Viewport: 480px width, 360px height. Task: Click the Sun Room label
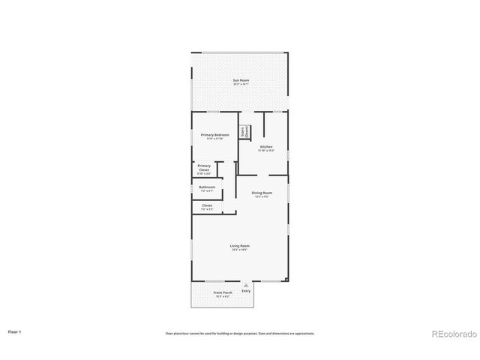click(x=240, y=80)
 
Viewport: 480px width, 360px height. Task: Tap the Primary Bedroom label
click(x=214, y=134)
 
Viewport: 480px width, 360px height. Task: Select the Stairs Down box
click(x=244, y=131)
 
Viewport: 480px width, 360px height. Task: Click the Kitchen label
click(x=266, y=146)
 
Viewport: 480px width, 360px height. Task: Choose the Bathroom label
click(x=207, y=187)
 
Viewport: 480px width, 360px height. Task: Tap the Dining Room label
click(x=262, y=193)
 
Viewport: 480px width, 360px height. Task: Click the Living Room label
click(x=240, y=245)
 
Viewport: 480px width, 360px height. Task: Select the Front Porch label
click(x=223, y=292)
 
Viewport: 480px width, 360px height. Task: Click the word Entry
click(x=246, y=290)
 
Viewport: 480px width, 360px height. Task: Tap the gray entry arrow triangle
click(x=245, y=285)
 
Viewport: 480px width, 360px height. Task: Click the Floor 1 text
click(x=15, y=331)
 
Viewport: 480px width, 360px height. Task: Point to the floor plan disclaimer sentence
click(x=240, y=333)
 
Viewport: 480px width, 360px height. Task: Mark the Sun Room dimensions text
click(x=240, y=85)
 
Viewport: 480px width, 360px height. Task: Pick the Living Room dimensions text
click(x=240, y=250)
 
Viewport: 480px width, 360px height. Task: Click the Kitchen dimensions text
click(x=266, y=151)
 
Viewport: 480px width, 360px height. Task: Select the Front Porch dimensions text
click(x=223, y=296)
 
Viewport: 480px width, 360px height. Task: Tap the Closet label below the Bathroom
click(x=207, y=205)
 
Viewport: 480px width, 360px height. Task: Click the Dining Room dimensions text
click(x=262, y=197)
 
